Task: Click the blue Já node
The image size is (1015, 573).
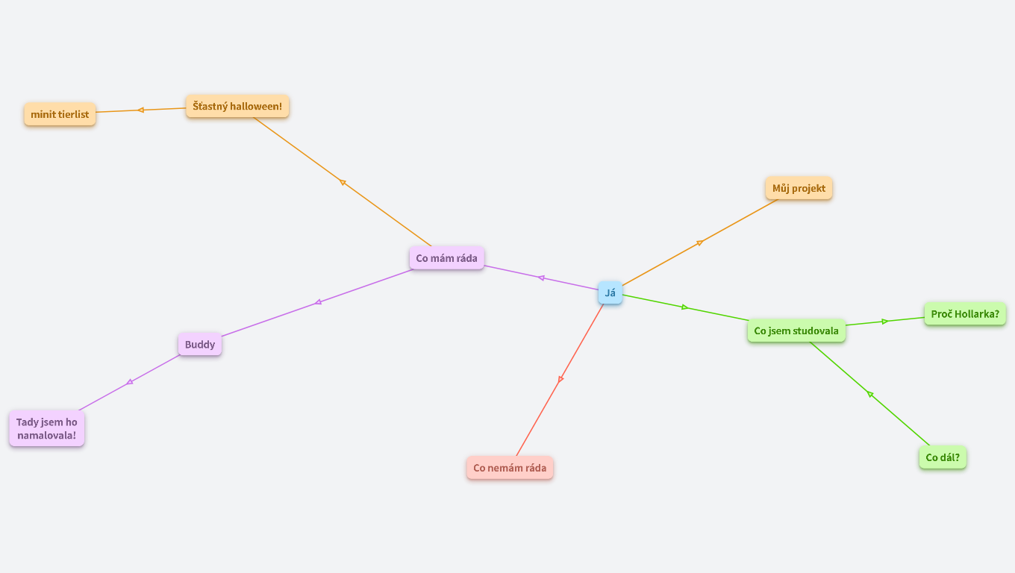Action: click(x=610, y=292)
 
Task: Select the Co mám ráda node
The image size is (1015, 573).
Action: click(x=446, y=258)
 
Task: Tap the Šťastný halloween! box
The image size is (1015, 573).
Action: click(x=237, y=106)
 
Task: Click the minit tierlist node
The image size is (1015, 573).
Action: click(x=60, y=114)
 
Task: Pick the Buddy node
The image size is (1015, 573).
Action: click(x=200, y=344)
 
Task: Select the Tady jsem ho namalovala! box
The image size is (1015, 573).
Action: click(x=47, y=428)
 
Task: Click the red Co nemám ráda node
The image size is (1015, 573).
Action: click(x=510, y=468)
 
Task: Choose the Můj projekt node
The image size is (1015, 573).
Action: click(x=799, y=188)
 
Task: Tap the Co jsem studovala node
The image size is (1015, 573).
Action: click(x=796, y=331)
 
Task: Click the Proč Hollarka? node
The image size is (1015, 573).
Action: click(x=965, y=314)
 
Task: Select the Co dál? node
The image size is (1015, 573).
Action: click(x=943, y=457)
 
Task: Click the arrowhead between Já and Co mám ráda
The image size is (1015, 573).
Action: click(x=541, y=278)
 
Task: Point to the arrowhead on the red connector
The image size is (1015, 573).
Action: click(x=560, y=379)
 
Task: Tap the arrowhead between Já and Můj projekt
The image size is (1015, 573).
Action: click(x=699, y=243)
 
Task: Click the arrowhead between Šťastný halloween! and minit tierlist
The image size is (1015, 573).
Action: click(x=141, y=110)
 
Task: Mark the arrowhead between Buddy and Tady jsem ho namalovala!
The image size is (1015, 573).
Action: click(x=130, y=382)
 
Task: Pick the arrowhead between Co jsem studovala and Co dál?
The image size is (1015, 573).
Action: click(x=869, y=394)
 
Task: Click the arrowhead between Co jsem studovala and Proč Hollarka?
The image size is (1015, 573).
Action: click(x=884, y=322)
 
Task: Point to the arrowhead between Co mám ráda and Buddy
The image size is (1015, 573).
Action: click(x=318, y=302)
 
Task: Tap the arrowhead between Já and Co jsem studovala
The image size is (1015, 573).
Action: click(x=684, y=307)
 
